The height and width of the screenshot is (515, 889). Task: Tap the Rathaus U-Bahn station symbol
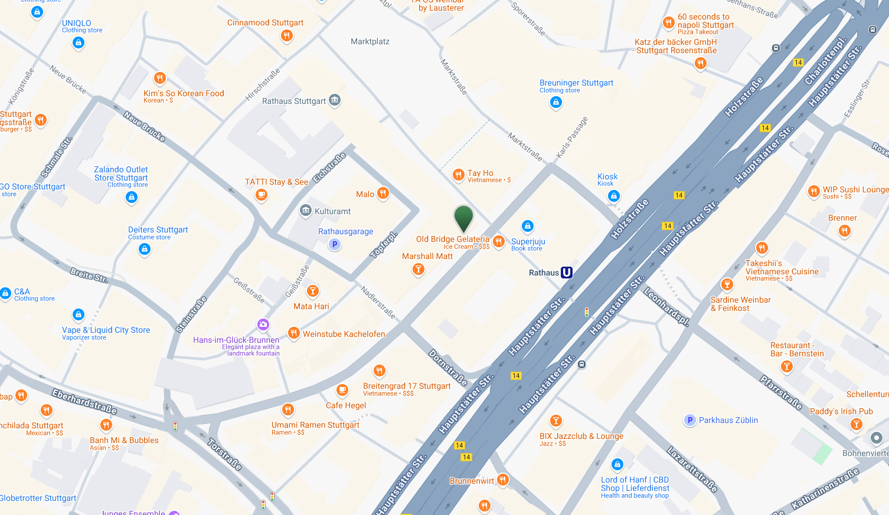(567, 273)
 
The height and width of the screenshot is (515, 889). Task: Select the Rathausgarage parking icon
(335, 244)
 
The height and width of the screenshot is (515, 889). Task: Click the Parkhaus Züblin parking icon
(689, 420)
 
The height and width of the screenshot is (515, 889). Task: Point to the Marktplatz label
(370, 42)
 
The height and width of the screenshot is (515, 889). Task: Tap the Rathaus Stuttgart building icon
(335, 100)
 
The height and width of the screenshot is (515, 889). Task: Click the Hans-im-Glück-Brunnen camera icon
(263, 324)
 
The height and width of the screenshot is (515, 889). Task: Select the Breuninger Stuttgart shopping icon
(555, 103)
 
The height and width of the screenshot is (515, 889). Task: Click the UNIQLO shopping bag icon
(79, 42)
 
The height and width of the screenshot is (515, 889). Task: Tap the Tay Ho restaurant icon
(458, 175)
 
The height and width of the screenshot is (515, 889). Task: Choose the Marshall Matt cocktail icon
(419, 270)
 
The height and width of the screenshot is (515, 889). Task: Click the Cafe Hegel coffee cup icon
(342, 390)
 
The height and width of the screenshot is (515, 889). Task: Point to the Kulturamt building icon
(306, 211)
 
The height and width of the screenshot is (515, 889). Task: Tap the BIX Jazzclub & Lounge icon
(555, 421)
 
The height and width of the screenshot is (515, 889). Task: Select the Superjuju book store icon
(528, 226)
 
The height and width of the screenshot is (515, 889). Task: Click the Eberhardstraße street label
(84, 402)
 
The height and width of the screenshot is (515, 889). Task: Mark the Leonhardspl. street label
(666, 307)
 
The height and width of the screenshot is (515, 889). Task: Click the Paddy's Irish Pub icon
(856, 424)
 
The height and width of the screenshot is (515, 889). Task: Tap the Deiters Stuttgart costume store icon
(145, 250)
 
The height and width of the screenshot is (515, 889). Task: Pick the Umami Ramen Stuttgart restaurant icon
(288, 409)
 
